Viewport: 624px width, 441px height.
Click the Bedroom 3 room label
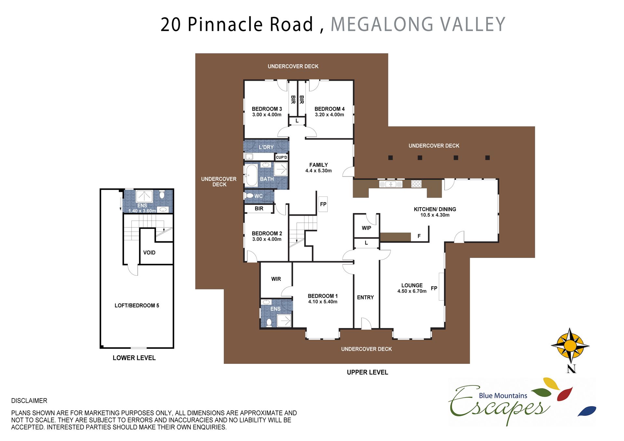267,109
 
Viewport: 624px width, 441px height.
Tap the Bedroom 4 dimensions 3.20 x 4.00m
330,115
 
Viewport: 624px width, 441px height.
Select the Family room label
318,165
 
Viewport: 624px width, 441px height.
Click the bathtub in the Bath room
252,176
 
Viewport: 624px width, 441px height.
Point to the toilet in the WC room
249,196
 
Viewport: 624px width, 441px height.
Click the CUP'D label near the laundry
281,157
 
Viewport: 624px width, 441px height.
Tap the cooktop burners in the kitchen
416,184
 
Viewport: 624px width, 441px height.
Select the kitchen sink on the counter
391,184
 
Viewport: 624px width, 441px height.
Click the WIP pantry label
366,228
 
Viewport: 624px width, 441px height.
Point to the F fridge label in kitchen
419,236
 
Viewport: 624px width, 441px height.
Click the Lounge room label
412,285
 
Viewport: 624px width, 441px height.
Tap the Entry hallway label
365,297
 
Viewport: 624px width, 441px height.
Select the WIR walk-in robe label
276,279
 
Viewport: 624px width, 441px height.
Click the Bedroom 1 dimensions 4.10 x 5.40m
323,302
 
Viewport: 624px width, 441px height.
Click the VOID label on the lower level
149,253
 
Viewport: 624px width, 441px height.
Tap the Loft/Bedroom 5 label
137,306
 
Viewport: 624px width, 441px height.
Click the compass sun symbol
570,346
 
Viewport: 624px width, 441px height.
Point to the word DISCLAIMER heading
29,401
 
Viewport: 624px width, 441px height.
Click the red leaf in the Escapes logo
565,394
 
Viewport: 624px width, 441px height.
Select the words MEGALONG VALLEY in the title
418,24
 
